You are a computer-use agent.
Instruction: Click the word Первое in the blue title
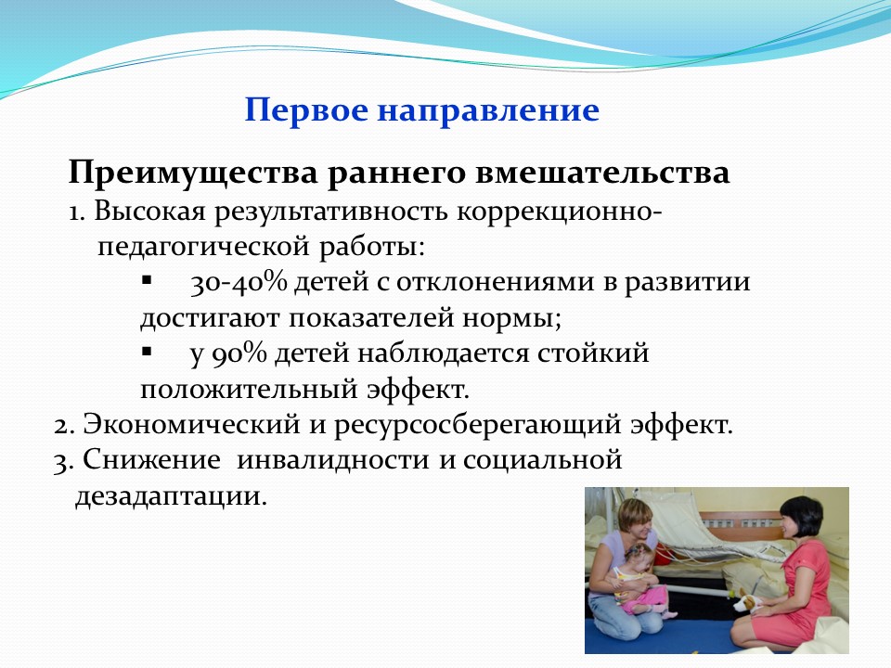point(306,110)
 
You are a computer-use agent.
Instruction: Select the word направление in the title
point(489,111)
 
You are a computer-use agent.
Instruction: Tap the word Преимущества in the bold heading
point(193,173)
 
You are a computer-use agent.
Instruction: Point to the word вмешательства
point(602,173)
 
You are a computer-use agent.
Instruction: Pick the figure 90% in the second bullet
point(239,354)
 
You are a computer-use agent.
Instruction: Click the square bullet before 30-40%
point(147,280)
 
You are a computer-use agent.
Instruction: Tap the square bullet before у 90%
point(147,352)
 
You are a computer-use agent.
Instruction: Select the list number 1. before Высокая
point(77,213)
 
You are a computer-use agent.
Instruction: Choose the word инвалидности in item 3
point(332,460)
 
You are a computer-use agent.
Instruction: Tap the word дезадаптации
point(171,497)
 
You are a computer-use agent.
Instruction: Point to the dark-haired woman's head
point(800,518)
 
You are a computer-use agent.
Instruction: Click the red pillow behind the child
point(665,554)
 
